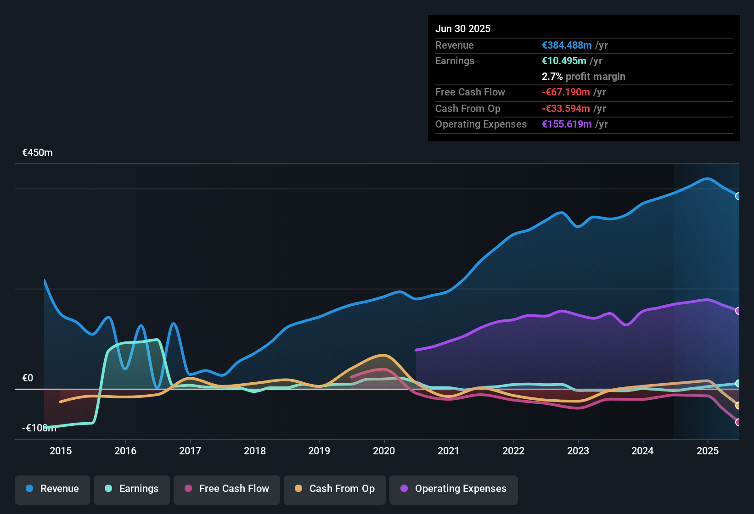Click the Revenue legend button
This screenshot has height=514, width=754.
[52, 489]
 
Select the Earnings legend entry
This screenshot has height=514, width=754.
[132, 489]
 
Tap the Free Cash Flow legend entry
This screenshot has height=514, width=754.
[227, 489]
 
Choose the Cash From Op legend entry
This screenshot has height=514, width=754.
[335, 489]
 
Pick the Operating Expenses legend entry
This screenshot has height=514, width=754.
[454, 489]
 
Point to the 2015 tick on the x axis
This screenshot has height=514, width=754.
[61, 451]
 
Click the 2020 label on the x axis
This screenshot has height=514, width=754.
[384, 451]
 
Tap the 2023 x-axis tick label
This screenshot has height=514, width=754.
[578, 451]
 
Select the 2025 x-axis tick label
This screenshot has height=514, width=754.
[708, 451]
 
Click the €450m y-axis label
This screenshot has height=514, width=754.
[38, 153]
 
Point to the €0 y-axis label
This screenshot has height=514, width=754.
[28, 378]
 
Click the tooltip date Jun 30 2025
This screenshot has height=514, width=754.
[463, 28]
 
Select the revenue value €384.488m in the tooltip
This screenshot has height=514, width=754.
[567, 45]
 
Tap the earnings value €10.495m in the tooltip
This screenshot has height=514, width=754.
[564, 61]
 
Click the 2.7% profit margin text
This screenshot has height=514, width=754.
[583, 76]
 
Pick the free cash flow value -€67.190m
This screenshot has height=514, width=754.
[566, 92]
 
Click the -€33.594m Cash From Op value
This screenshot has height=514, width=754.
[566, 108]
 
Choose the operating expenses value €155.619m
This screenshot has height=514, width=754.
[567, 124]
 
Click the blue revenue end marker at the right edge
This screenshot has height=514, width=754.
[738, 196]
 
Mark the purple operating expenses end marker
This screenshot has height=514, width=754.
[738, 311]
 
